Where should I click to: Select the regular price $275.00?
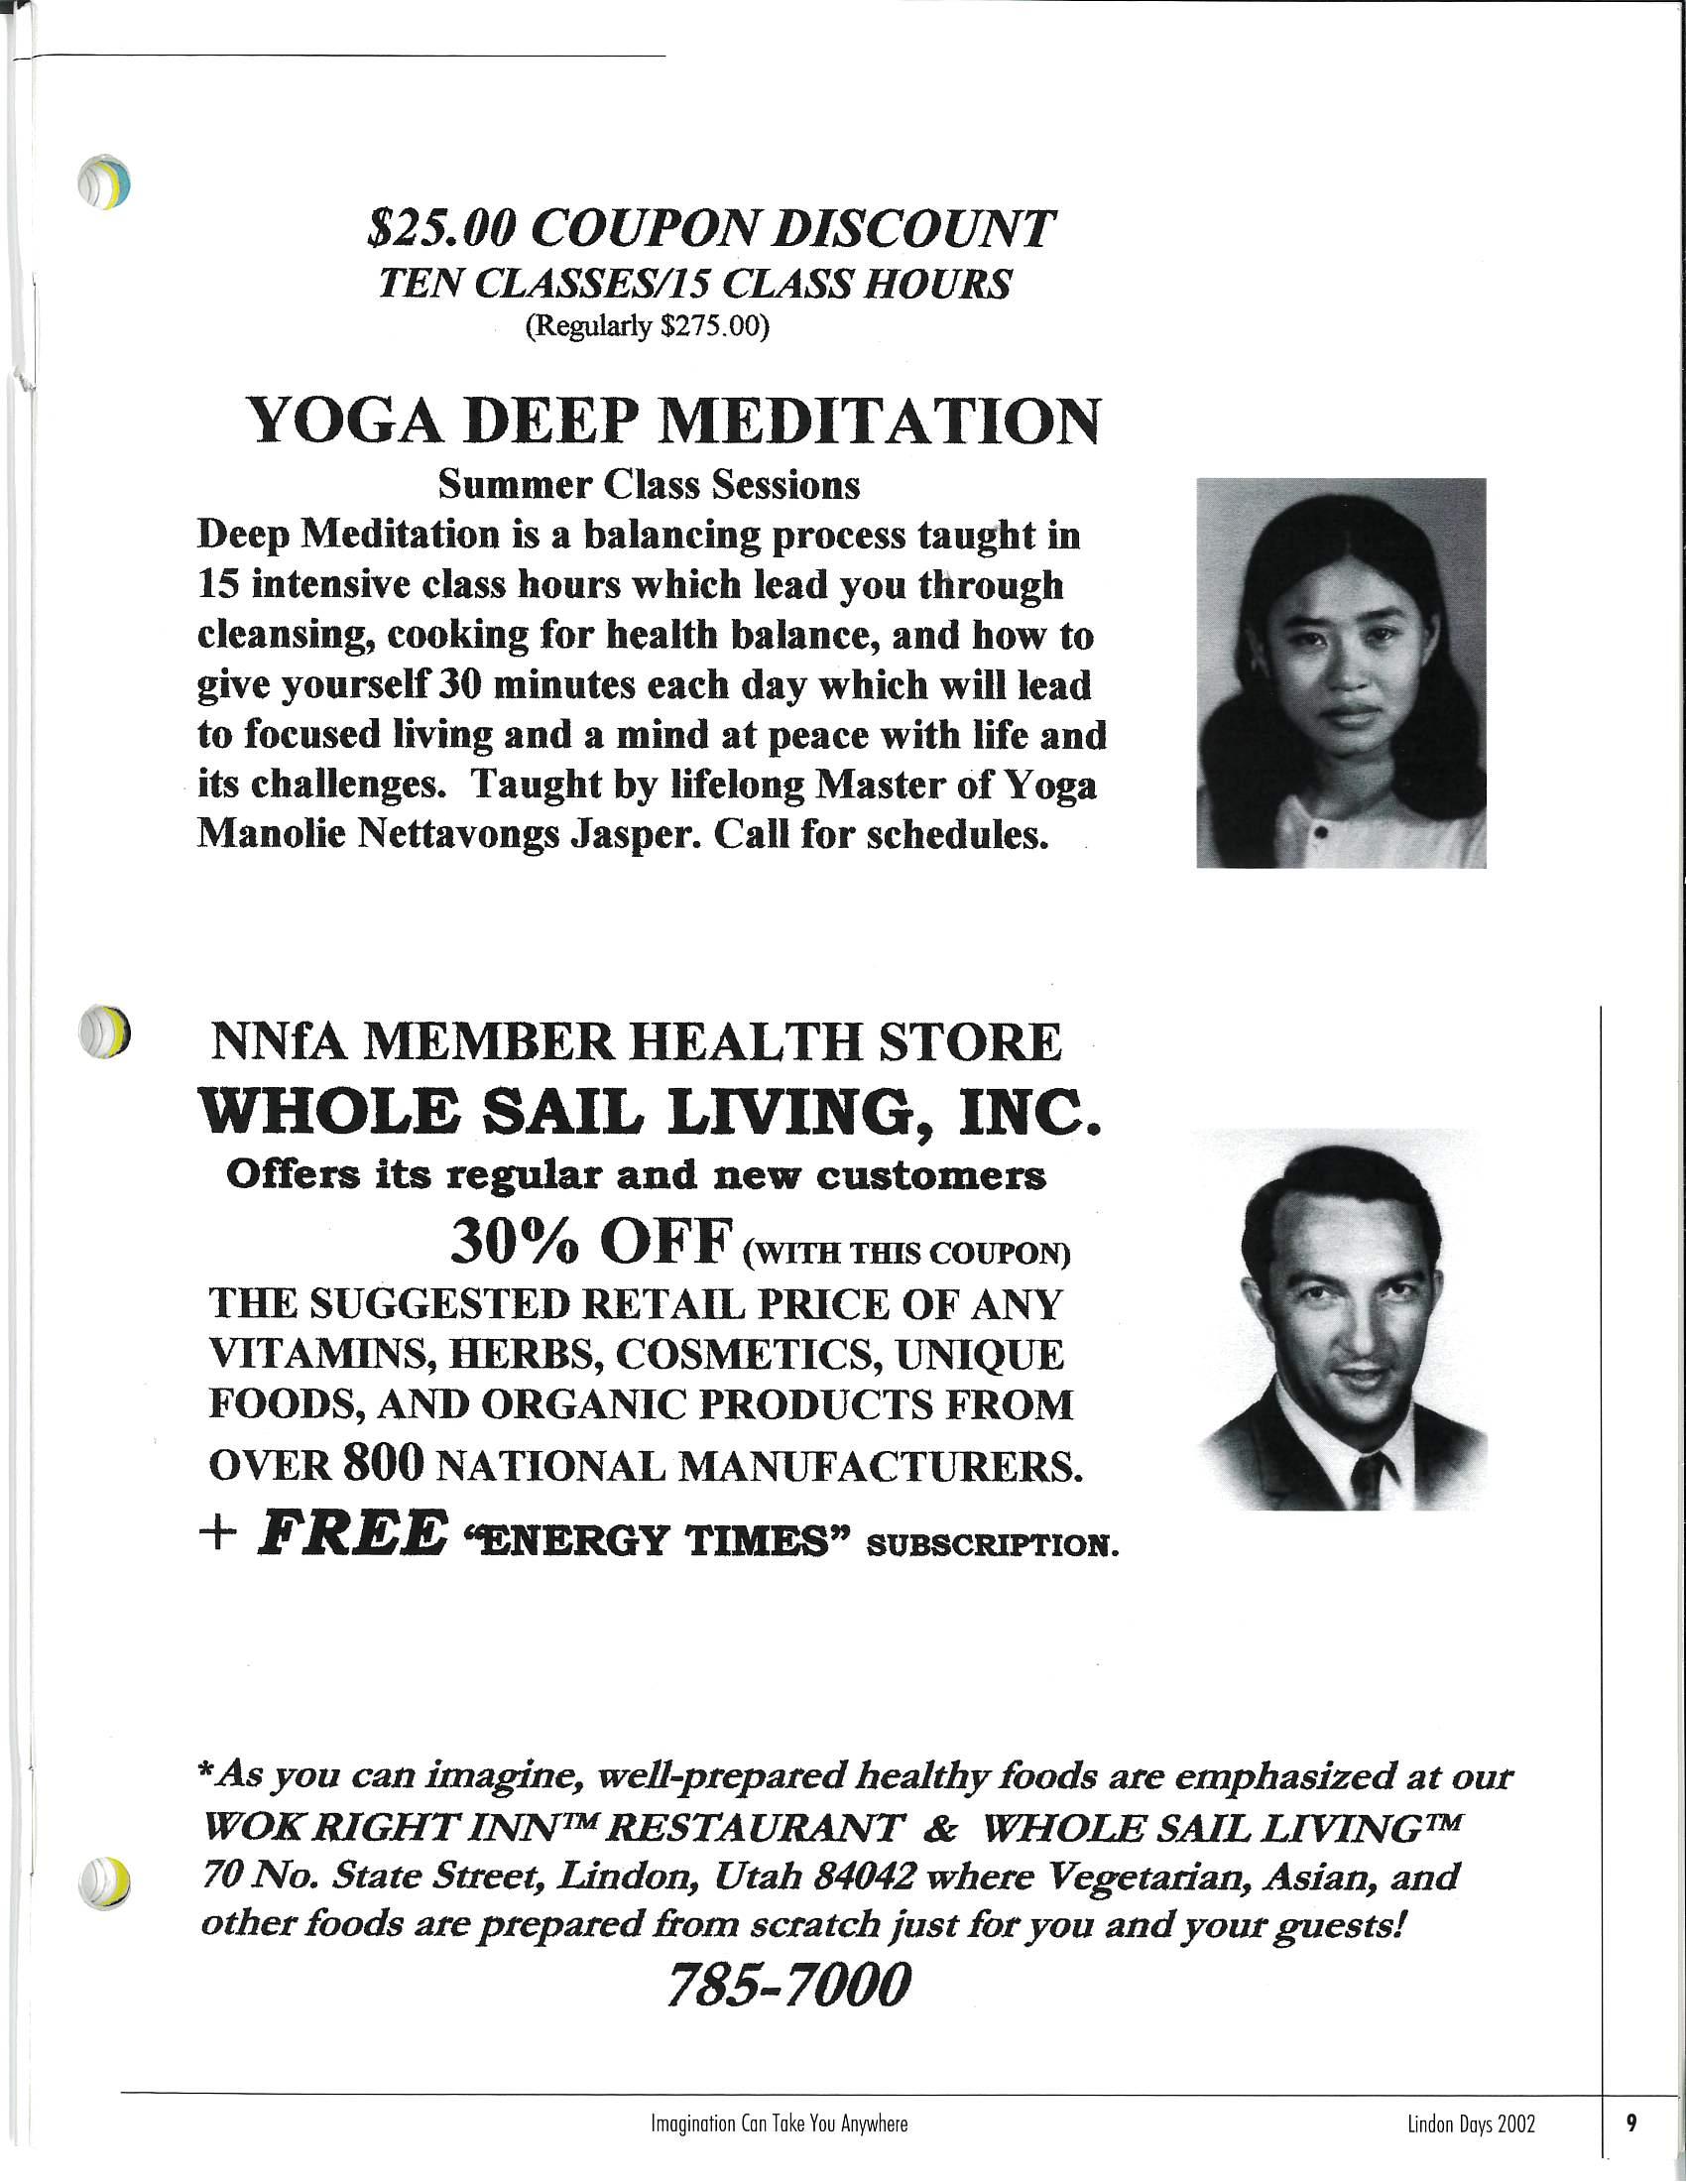(x=715, y=326)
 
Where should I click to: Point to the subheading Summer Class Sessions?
(x=650, y=485)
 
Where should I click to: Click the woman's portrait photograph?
(x=1341, y=672)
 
